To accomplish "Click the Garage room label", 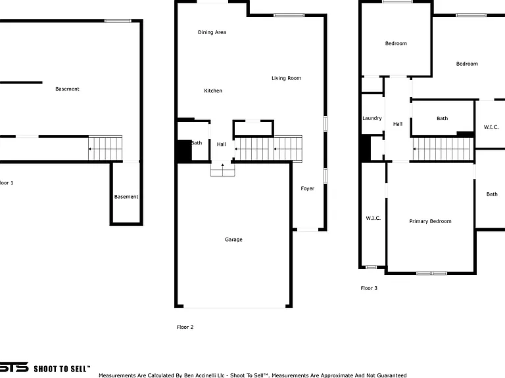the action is (233, 240).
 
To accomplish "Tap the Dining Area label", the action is (212, 32).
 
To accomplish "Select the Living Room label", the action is (286, 78).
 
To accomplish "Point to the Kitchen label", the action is (213, 91).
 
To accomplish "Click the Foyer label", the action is (307, 188).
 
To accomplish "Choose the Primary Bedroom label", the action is (430, 221).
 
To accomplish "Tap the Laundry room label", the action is (372, 118).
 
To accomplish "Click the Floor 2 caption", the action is (185, 327).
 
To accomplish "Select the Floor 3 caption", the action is (369, 288).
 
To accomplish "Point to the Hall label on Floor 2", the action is (221, 144).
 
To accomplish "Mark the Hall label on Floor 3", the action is (398, 124).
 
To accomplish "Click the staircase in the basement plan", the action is (105, 148).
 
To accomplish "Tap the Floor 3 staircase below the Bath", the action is (443, 149).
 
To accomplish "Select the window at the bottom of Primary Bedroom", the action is (431, 273).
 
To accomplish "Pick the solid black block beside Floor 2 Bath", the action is (184, 150).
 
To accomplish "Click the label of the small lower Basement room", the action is (126, 197).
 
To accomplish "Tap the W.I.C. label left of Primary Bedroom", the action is (373, 219).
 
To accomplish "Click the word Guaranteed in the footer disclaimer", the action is (392, 375).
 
